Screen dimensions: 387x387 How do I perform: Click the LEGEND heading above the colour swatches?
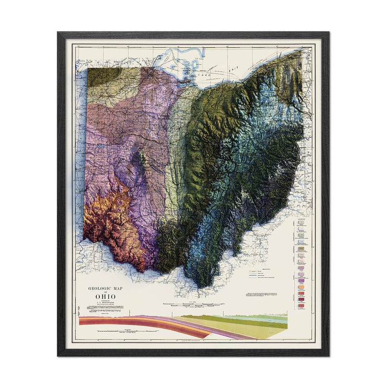click(x=302, y=219)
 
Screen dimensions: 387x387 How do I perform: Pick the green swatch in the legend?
click(x=302, y=242)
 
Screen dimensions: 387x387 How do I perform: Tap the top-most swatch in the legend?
click(x=302, y=223)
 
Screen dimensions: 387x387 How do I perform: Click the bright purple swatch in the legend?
click(x=302, y=273)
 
